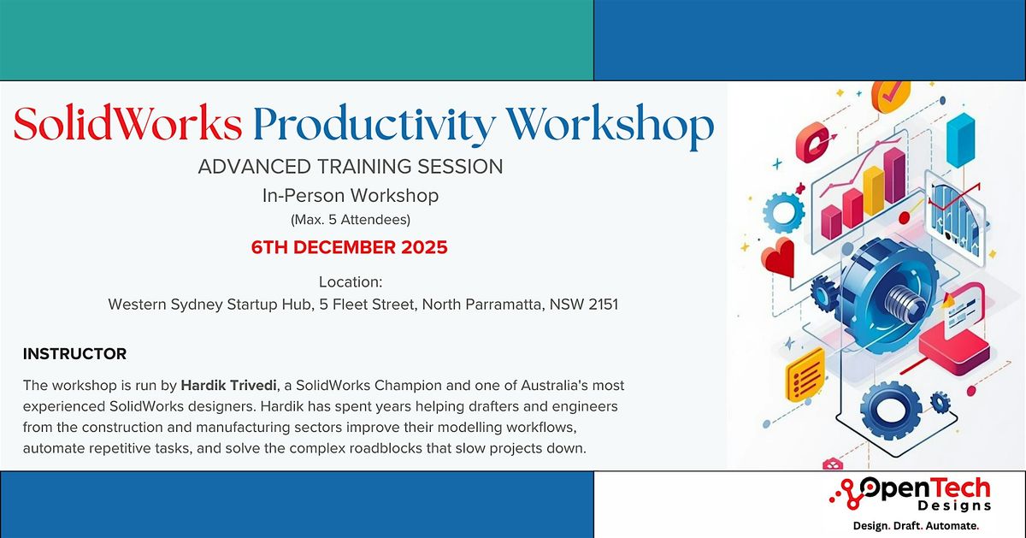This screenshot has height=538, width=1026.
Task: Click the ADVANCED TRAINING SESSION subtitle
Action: pos(351,167)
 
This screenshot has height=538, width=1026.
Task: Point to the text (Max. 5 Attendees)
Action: pos(351,220)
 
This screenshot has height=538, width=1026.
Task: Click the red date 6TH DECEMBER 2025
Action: pos(350,248)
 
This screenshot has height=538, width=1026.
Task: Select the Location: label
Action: pos(351,281)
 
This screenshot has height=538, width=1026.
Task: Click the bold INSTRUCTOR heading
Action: pos(75,353)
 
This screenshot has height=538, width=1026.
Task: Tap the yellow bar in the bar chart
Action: pos(874,191)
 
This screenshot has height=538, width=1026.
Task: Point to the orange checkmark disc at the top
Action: pos(890,96)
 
